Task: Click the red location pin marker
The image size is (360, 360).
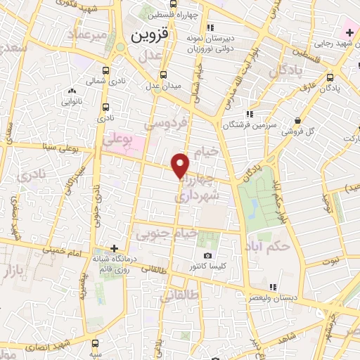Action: (181, 165)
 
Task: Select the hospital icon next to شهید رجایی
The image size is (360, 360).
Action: (349, 32)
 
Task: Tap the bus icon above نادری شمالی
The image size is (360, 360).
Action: (106, 71)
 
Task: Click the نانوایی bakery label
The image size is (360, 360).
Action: (72, 101)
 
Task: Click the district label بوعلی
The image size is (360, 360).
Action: (117, 140)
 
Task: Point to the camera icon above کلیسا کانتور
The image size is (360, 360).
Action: (207, 256)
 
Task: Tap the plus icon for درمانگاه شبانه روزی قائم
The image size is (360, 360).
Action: (115, 248)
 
